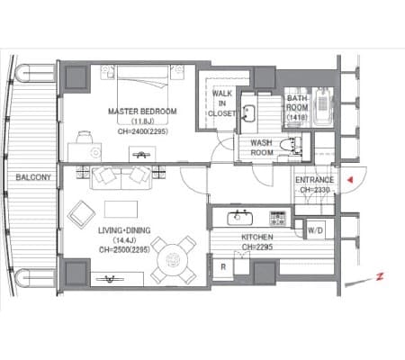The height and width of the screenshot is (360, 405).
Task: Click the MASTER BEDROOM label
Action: coord(142,112)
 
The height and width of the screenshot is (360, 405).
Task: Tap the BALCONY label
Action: coord(33,177)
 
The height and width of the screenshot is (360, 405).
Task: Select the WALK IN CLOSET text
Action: coord(222,103)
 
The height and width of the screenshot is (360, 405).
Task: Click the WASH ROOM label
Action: coord(262,148)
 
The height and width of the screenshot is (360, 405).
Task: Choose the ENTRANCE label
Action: coord(315,180)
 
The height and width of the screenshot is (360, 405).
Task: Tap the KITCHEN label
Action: coord(257,238)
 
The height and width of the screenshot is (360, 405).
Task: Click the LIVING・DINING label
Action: coord(124,230)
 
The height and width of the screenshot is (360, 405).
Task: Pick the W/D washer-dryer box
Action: coord(315,230)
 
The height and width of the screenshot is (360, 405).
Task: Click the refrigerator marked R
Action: coord(223,267)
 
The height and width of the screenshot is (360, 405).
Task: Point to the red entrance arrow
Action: coord(350,180)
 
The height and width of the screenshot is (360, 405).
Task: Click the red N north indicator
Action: coord(380,276)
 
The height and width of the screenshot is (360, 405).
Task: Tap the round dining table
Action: coord(173,258)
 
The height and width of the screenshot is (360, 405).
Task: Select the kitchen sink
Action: coord(239,218)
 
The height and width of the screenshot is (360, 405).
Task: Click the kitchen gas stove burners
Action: coord(278,218)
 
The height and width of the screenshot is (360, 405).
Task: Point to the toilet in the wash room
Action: coord(290,145)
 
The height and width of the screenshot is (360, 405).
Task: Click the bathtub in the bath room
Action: coord(323,107)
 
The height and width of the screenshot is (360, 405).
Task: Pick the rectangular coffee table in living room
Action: coord(121,209)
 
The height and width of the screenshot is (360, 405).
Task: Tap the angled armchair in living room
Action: coord(81,215)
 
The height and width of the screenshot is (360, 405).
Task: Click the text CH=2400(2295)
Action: coord(143,131)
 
